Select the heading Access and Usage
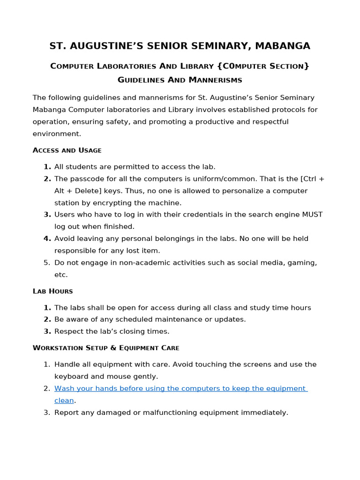click(67, 150)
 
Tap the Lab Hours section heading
click(52, 291)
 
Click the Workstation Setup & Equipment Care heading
click(106, 348)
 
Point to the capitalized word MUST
click(312, 214)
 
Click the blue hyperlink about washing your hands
click(180, 389)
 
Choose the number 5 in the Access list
click(47, 262)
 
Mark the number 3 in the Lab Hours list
click(47, 331)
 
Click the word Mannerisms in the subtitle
click(215, 80)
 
